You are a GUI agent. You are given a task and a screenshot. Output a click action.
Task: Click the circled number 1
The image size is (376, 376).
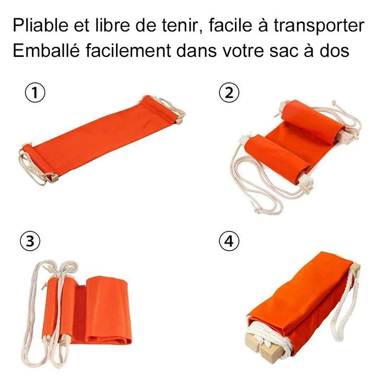(35, 92)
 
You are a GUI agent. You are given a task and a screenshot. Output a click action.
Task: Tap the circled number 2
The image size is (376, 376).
(229, 92)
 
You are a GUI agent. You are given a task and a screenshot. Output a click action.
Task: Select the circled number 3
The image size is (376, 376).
(30, 241)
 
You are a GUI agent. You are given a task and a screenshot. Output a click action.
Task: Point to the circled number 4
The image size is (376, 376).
(229, 241)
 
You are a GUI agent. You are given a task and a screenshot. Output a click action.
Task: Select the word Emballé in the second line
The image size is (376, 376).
(46, 50)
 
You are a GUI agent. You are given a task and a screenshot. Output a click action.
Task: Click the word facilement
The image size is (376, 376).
(128, 50)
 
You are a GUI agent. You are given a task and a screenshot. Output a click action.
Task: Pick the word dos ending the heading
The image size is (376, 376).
(334, 50)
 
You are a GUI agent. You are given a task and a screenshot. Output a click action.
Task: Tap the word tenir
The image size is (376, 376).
(182, 26)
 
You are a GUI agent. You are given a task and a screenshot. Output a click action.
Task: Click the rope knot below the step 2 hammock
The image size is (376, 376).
(259, 210)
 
